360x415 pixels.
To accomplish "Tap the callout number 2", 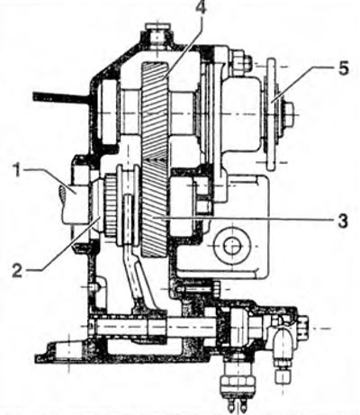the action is click(x=17, y=271).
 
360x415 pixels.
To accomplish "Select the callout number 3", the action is click(x=342, y=221).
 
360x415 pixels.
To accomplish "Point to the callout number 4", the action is click(x=201, y=7).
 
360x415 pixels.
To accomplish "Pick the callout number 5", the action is click(x=343, y=68).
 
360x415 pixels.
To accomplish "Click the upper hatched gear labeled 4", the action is click(x=154, y=110).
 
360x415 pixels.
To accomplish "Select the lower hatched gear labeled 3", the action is click(x=154, y=208).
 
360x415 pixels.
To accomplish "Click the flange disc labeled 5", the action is click(x=272, y=114).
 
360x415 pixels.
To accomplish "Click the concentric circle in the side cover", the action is click(x=232, y=246).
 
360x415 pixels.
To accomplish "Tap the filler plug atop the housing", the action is click(x=157, y=34).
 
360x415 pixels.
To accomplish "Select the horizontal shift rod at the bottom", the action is click(x=153, y=326).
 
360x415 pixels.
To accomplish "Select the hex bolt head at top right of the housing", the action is click(x=241, y=61).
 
